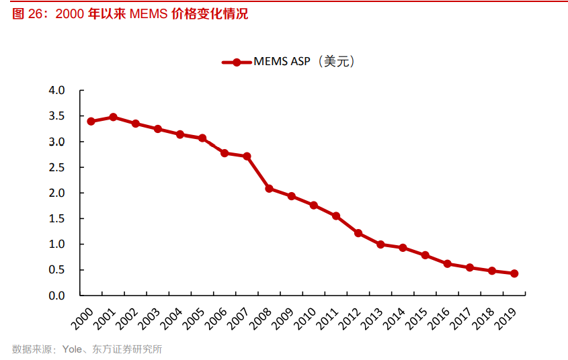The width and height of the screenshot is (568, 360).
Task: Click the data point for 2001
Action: [x=113, y=117]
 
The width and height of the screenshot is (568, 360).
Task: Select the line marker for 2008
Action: [x=269, y=189]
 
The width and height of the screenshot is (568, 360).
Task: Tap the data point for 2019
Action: [x=514, y=273]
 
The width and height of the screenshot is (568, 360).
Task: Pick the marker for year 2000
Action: [x=91, y=122]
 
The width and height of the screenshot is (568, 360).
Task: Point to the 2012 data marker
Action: [x=358, y=233]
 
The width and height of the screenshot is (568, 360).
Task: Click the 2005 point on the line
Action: [x=202, y=138]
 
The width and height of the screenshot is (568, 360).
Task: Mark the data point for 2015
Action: [x=425, y=255]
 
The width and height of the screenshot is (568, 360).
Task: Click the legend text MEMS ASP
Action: [x=282, y=62]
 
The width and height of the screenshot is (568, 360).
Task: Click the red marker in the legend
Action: [x=237, y=62]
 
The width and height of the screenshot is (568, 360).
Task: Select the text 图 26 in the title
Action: [x=28, y=13]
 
